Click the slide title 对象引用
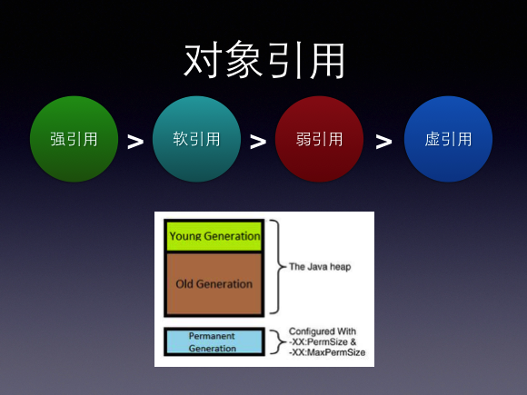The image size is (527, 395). coord(263,62)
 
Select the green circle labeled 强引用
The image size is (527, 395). coord(75,139)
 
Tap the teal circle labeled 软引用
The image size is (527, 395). coord(196,139)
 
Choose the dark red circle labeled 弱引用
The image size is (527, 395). coord(319,139)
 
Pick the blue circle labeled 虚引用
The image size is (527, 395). coord(448,139)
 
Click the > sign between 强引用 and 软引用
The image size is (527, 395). coord(135,142)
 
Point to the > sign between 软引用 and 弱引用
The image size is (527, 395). coord(257,142)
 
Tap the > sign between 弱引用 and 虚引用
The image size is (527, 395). coord(383,142)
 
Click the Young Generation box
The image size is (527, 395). coord(214,236)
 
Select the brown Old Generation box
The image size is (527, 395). coord(214,283)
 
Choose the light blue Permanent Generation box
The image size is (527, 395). coord(214,341)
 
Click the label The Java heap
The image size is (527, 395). coord(319,267)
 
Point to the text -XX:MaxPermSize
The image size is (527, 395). coord(326,352)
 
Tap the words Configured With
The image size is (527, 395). coord(323,331)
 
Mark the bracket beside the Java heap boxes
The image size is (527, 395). coord(276,267)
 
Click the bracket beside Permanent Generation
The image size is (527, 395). coord(275,341)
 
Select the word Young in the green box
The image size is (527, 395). coord(184,236)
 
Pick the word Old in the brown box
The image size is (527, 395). coord(185,283)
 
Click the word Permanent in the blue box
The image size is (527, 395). coord(212,335)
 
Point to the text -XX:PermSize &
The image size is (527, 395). coord(323,341)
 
